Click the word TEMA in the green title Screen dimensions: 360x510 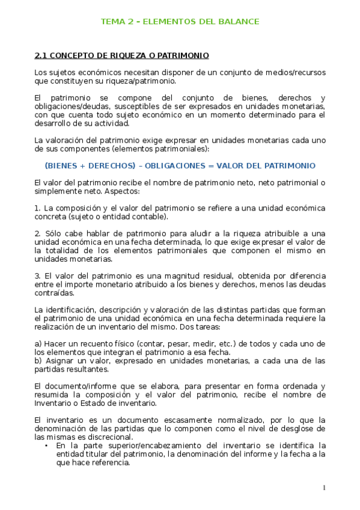point(111,22)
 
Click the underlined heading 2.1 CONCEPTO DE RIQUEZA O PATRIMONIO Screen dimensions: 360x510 point(122,56)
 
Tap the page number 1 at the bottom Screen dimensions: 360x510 point(323,487)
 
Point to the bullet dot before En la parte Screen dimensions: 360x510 point(47,446)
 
